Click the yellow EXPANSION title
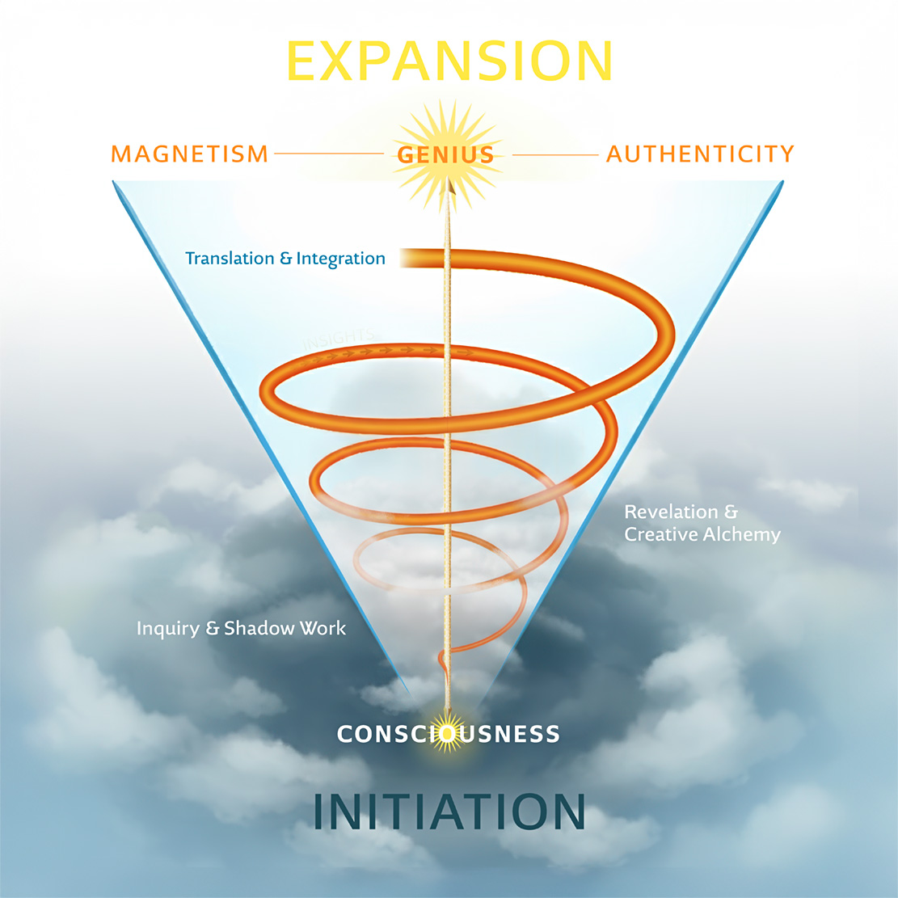(449, 61)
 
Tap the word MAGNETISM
(189, 154)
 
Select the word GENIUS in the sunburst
(445, 154)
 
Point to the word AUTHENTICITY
(700, 154)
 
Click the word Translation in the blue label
(230, 259)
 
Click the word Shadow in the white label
(255, 628)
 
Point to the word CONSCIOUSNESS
(449, 734)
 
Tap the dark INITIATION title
(449, 812)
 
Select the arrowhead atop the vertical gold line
(448, 188)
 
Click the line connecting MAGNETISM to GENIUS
(328, 153)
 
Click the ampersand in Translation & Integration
(285, 259)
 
